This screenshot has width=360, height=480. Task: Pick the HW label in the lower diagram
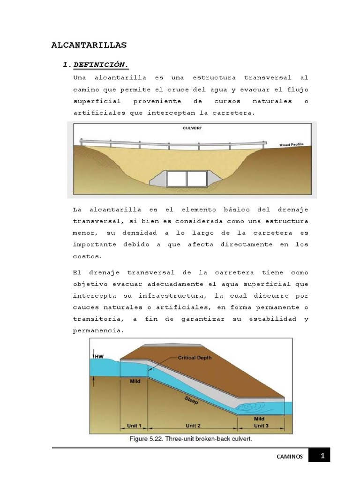tap(99, 357)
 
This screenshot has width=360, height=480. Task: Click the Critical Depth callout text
tap(195, 357)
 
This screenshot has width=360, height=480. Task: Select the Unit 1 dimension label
tap(134, 426)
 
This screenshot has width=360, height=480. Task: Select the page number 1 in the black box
tap(322, 455)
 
